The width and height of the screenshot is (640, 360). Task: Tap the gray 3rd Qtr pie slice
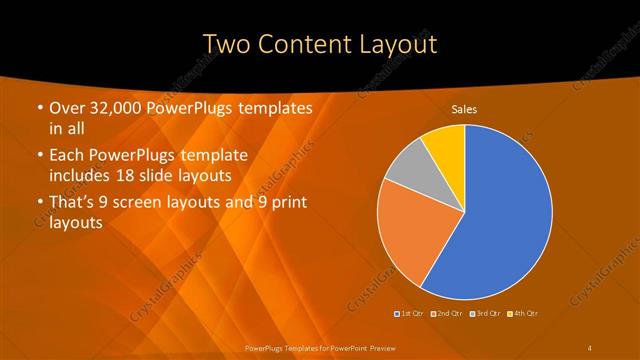408,165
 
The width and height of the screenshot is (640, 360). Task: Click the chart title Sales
463,108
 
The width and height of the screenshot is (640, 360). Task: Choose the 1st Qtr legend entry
409,313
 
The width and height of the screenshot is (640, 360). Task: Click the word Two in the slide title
226,44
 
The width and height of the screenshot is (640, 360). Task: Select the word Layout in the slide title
400,44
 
